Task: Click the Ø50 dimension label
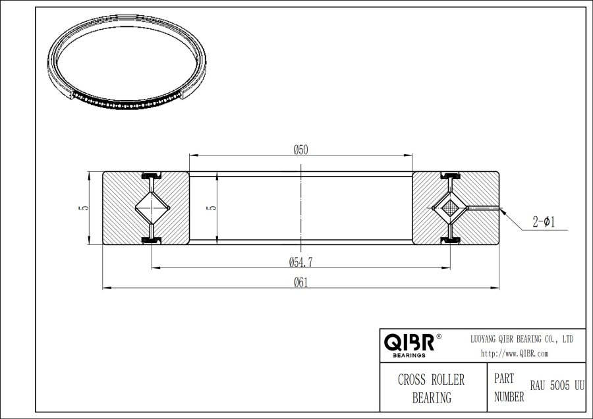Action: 301,150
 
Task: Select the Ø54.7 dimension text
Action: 300,262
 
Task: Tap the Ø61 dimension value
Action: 300,282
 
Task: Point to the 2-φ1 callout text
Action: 544,223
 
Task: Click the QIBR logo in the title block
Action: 409,343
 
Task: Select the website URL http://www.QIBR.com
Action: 515,353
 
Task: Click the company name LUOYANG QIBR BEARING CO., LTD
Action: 521,339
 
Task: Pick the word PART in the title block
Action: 504,379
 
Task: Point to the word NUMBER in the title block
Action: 509,397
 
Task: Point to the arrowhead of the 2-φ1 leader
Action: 503,211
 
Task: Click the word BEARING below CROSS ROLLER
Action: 432,397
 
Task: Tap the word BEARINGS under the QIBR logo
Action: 409,355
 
